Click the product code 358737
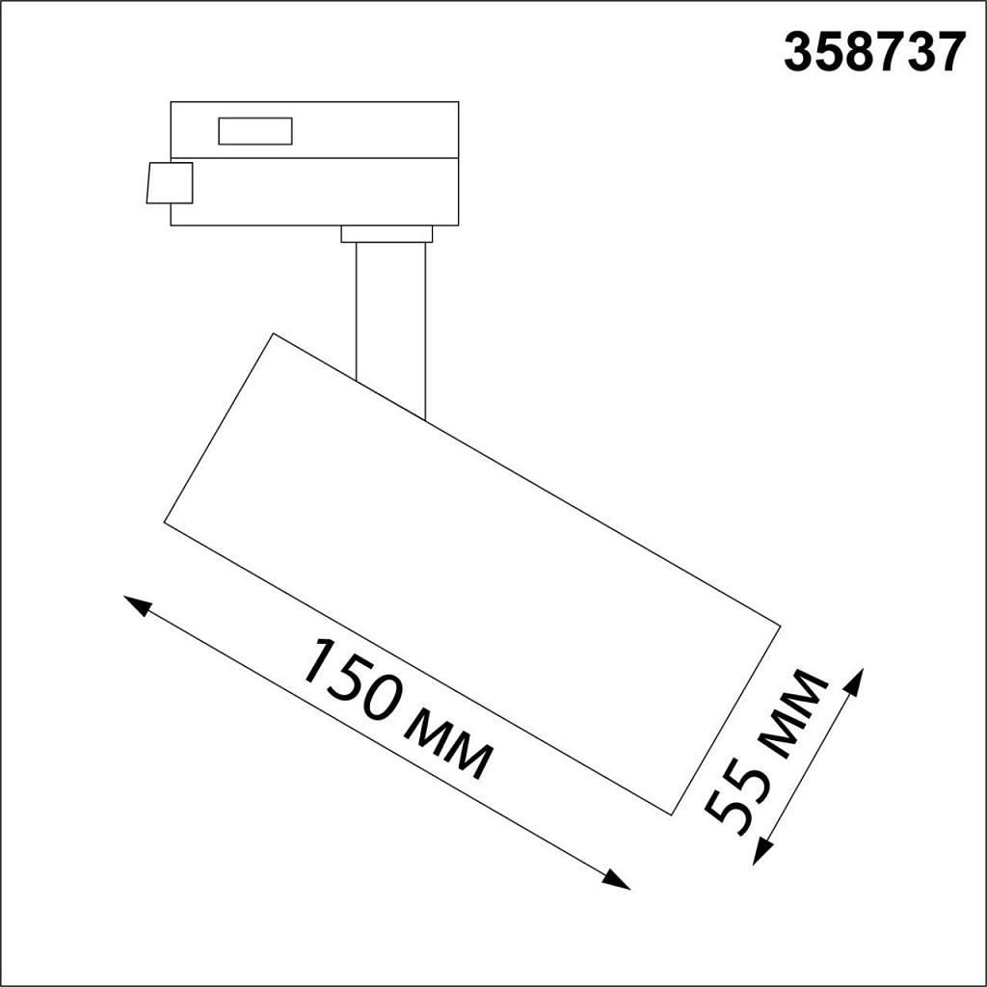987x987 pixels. click(x=874, y=54)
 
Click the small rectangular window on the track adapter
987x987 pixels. click(x=254, y=131)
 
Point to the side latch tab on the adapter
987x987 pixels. click(x=170, y=183)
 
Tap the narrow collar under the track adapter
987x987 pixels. click(x=387, y=234)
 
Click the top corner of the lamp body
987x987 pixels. click(x=275, y=334)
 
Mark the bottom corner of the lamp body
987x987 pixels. click(x=669, y=814)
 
